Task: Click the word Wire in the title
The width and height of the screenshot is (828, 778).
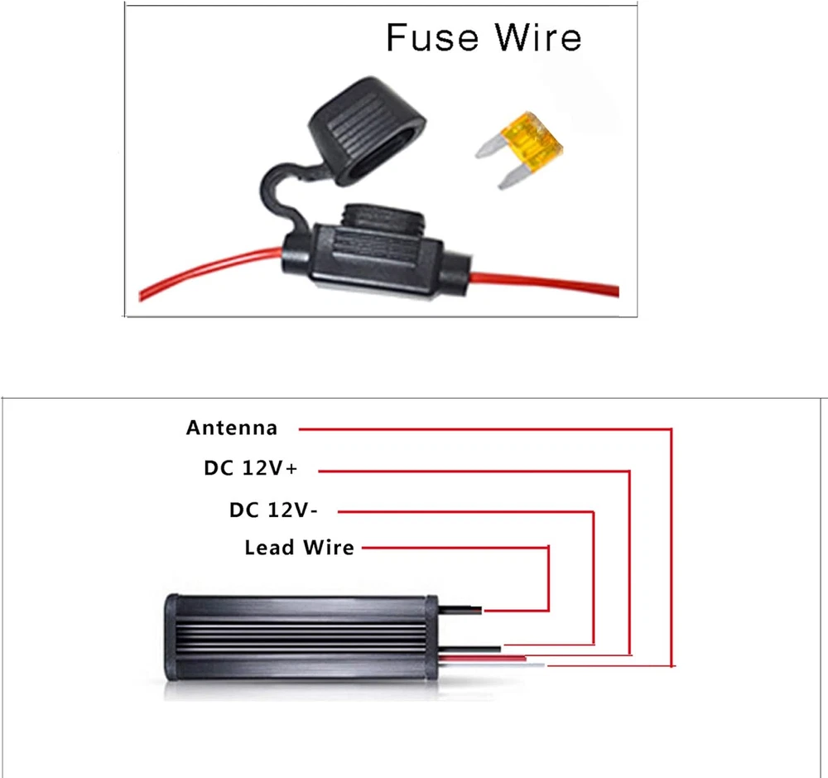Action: click(538, 38)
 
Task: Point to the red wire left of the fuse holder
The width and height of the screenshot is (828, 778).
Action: click(207, 270)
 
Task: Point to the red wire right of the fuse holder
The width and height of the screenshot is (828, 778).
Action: click(546, 282)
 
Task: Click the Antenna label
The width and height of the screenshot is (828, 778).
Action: click(232, 428)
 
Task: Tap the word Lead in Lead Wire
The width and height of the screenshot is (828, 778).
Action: click(270, 548)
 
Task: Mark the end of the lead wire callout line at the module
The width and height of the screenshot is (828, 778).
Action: click(486, 611)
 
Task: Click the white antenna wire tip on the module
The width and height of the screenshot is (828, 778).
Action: click(538, 665)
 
